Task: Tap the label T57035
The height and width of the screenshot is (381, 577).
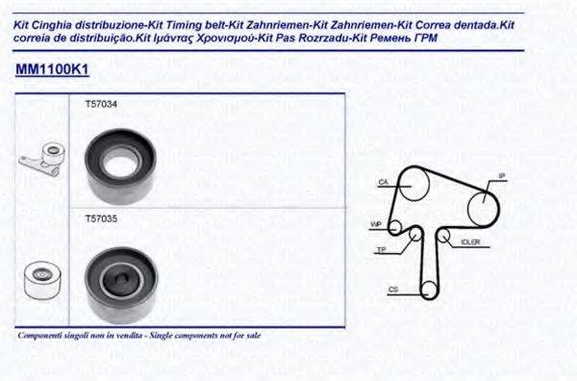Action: click(100, 219)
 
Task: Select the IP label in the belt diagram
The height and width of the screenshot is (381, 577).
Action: click(501, 176)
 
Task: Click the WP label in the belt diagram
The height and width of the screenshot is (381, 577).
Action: click(376, 224)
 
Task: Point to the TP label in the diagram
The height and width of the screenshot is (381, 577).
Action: click(382, 249)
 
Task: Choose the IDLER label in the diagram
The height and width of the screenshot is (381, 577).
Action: click(470, 241)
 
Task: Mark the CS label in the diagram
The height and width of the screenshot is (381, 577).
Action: click(393, 289)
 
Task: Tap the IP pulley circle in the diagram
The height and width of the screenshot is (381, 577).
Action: click(482, 205)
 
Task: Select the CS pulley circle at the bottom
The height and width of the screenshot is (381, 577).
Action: click(432, 289)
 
